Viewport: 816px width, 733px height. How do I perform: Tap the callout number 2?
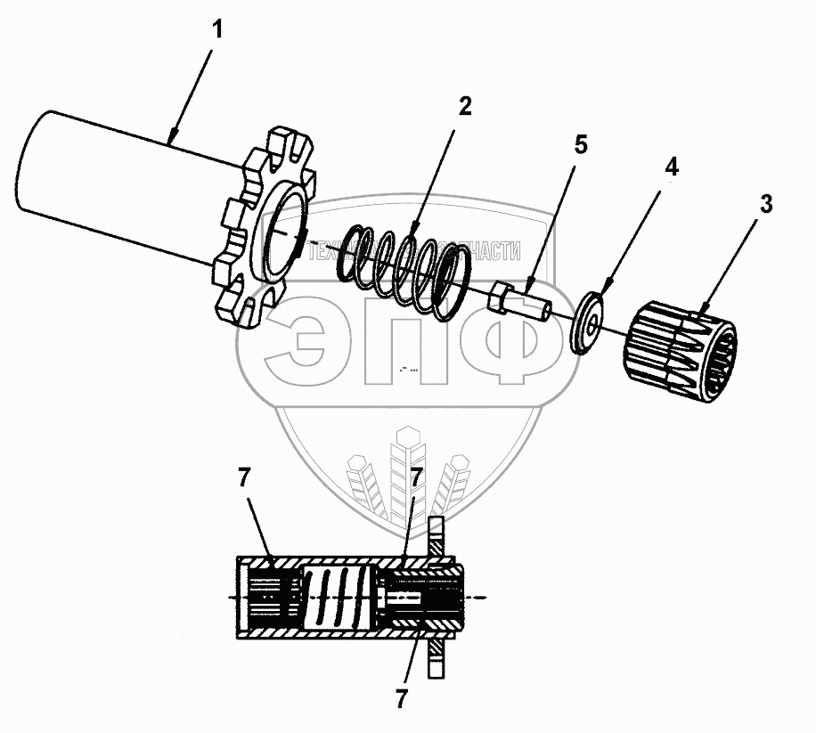coord(464,107)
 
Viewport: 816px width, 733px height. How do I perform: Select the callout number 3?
coord(765,204)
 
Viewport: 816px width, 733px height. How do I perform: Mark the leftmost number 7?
coord(244,478)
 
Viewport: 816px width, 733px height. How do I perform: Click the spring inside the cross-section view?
coord(336,597)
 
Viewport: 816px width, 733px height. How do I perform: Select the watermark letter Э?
coord(298,340)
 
